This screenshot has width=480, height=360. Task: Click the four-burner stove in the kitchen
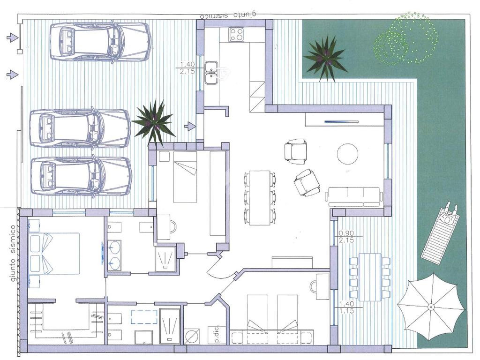[x=237, y=34]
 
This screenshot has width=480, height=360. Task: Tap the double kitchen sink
[x=211, y=73]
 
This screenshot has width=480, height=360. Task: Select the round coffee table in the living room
[x=347, y=154]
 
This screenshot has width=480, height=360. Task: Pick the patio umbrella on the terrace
[x=431, y=307]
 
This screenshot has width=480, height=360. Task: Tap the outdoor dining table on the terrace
[x=370, y=277]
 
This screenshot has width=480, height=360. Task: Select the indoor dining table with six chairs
[x=259, y=197]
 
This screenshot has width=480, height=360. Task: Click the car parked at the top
[x=100, y=42]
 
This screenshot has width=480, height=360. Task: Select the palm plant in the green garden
[x=325, y=58]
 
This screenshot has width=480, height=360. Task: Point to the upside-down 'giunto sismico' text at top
[x=228, y=15]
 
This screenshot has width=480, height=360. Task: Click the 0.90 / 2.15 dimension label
[x=346, y=236]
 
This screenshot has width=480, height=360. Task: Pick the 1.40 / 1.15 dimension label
[x=346, y=307]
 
